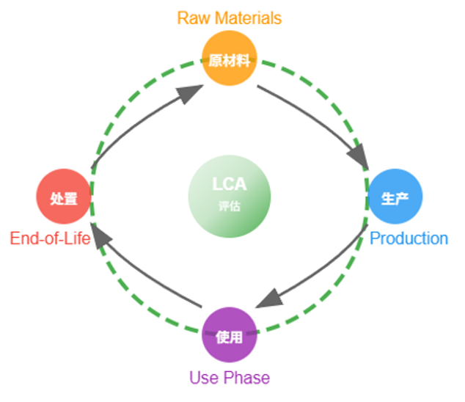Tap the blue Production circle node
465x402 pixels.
click(x=395, y=197)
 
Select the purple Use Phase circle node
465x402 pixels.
click(x=230, y=336)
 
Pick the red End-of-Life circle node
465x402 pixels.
click(x=64, y=197)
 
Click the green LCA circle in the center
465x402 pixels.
click(x=230, y=197)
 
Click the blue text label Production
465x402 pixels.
click(x=409, y=238)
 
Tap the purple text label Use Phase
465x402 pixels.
click(x=230, y=379)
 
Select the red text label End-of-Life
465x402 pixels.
click(x=50, y=238)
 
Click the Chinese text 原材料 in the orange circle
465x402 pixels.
click(x=230, y=61)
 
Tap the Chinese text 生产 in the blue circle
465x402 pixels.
click(x=395, y=197)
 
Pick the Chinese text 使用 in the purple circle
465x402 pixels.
click(x=230, y=337)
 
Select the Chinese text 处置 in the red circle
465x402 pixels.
click(x=64, y=197)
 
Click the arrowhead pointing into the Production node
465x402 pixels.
click(x=359, y=157)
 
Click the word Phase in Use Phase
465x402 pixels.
click(x=246, y=379)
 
